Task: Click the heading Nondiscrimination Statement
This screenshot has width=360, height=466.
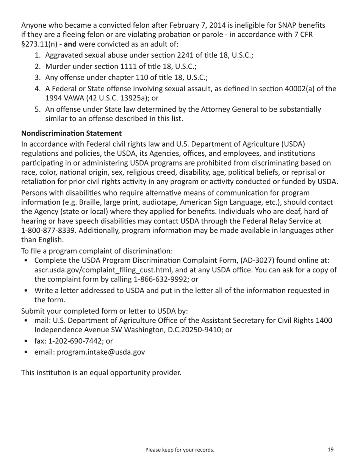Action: pos(71,133)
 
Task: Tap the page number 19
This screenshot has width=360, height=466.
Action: pos(330,450)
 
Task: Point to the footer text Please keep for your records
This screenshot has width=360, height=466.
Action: pos(180,450)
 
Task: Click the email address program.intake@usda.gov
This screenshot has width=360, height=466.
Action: pos(101,352)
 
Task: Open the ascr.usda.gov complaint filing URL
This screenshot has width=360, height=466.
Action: pos(100,270)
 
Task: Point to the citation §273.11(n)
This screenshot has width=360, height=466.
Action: pos(39,44)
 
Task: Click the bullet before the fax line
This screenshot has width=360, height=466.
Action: pos(25,341)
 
